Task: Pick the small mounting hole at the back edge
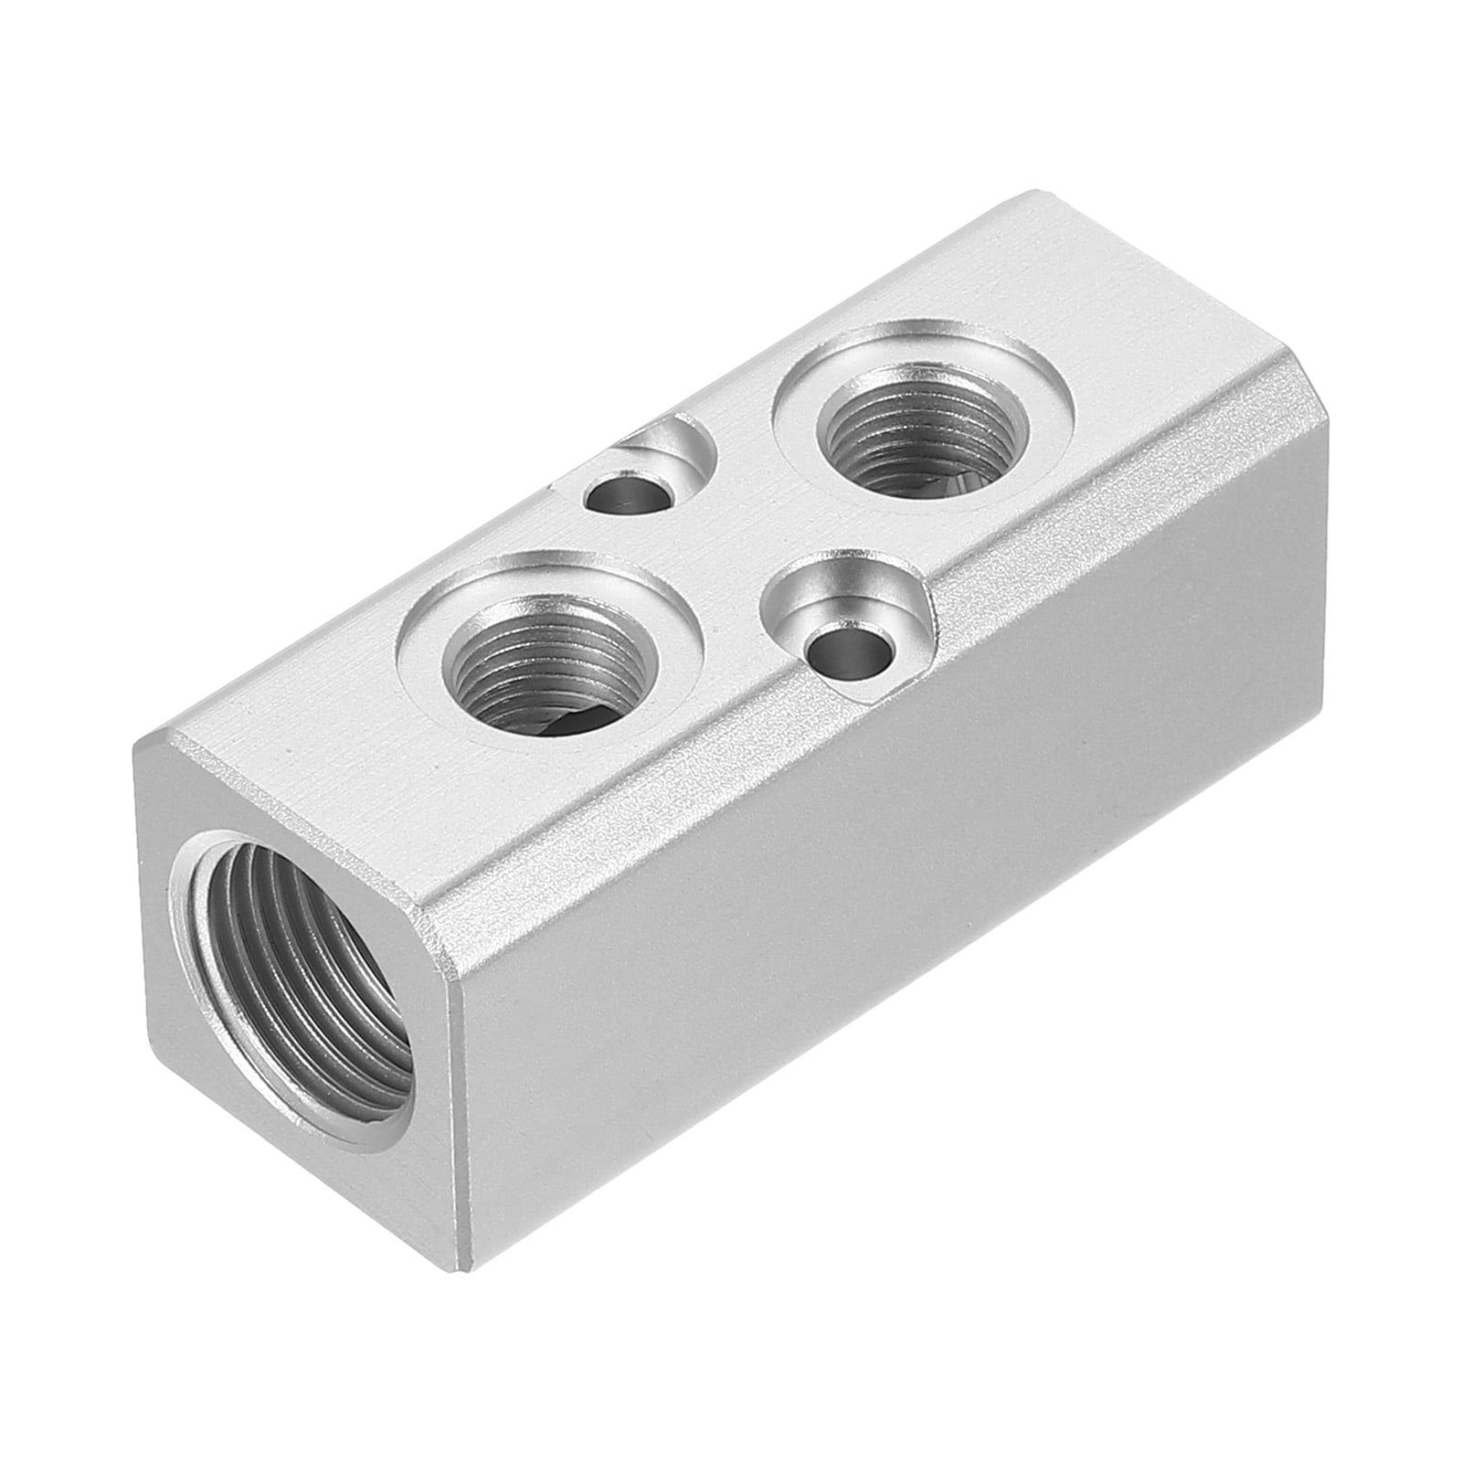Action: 627,495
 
